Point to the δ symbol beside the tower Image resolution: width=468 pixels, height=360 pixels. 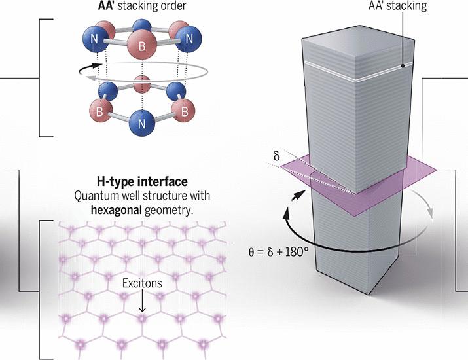(276, 156)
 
